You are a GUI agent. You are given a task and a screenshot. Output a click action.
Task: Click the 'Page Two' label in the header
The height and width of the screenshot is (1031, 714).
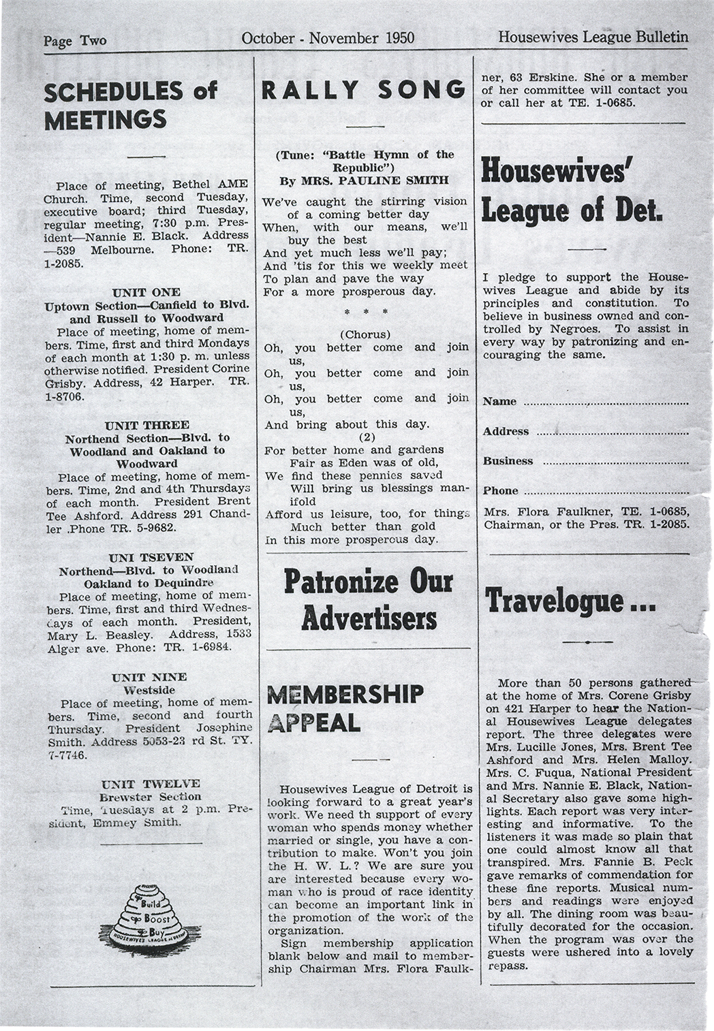click(75, 40)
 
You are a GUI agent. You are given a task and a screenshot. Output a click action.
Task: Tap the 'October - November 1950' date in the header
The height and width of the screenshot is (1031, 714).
click(328, 38)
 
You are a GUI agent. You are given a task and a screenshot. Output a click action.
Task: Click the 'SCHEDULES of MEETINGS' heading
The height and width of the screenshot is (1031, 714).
click(130, 105)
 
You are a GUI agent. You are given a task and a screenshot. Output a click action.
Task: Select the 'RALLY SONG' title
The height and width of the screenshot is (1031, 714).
click(364, 89)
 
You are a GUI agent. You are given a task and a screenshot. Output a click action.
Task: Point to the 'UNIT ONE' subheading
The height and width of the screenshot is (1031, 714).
click(146, 293)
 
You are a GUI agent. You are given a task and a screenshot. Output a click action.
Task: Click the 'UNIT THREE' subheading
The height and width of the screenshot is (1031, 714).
click(147, 425)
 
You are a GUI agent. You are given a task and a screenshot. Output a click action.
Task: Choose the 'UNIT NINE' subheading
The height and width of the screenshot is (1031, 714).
click(148, 677)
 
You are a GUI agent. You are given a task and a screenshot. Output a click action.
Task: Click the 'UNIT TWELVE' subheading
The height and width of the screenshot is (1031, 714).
click(150, 783)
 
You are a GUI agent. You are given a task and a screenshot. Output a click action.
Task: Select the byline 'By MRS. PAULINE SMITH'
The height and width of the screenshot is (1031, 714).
click(364, 180)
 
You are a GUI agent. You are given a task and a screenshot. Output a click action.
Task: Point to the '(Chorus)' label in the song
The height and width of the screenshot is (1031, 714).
click(365, 334)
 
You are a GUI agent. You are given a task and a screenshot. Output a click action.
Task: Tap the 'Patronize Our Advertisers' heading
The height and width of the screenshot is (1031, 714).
click(369, 600)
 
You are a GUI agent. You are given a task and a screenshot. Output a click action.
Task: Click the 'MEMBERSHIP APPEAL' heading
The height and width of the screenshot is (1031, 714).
click(347, 708)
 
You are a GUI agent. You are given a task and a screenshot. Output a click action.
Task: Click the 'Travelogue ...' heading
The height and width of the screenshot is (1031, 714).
click(570, 600)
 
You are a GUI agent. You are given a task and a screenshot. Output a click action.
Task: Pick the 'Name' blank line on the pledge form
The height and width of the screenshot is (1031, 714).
click(606, 403)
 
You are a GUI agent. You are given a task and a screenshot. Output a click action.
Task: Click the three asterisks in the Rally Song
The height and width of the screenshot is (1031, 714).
click(366, 313)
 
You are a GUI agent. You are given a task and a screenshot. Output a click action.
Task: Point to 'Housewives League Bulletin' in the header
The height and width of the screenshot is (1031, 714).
click(593, 37)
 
